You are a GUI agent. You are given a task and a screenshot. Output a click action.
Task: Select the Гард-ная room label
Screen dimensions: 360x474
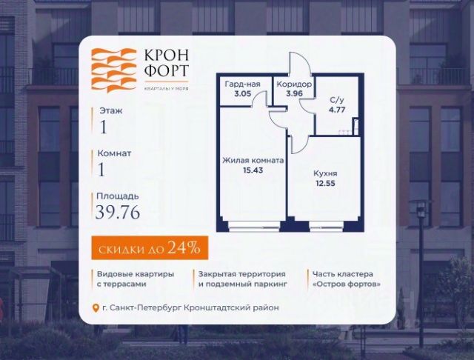242,84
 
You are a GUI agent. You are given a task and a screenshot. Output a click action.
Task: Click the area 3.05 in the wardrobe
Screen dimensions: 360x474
242,94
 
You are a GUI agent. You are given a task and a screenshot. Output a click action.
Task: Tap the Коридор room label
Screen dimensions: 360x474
294,84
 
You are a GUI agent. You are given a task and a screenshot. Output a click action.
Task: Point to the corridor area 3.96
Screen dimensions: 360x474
294,94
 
